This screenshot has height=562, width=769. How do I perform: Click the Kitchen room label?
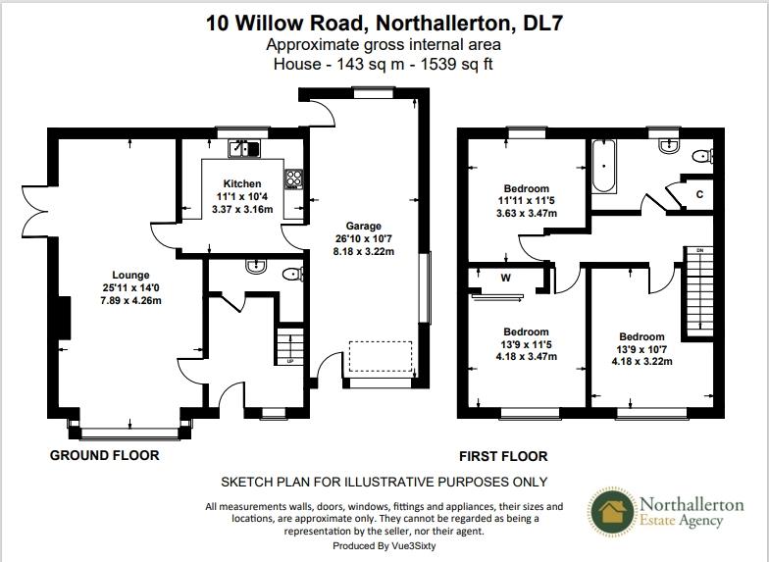[241, 183]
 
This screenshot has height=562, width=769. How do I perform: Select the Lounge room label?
[130, 275]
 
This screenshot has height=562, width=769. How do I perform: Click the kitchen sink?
[242, 149]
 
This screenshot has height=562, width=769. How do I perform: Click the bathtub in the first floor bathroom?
[602, 164]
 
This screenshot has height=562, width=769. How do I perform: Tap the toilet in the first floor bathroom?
[702, 156]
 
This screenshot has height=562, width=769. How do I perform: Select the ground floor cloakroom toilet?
[290, 275]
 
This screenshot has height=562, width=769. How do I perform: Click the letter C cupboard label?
[699, 194]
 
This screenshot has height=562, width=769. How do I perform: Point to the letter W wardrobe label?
[506, 278]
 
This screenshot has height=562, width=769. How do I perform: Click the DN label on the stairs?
[700, 251]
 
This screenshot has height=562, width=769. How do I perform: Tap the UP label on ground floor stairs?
[290, 361]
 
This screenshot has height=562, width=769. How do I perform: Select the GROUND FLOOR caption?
[105, 455]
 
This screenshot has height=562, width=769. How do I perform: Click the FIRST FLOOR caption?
[503, 456]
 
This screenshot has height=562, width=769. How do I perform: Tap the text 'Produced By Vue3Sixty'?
[384, 546]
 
